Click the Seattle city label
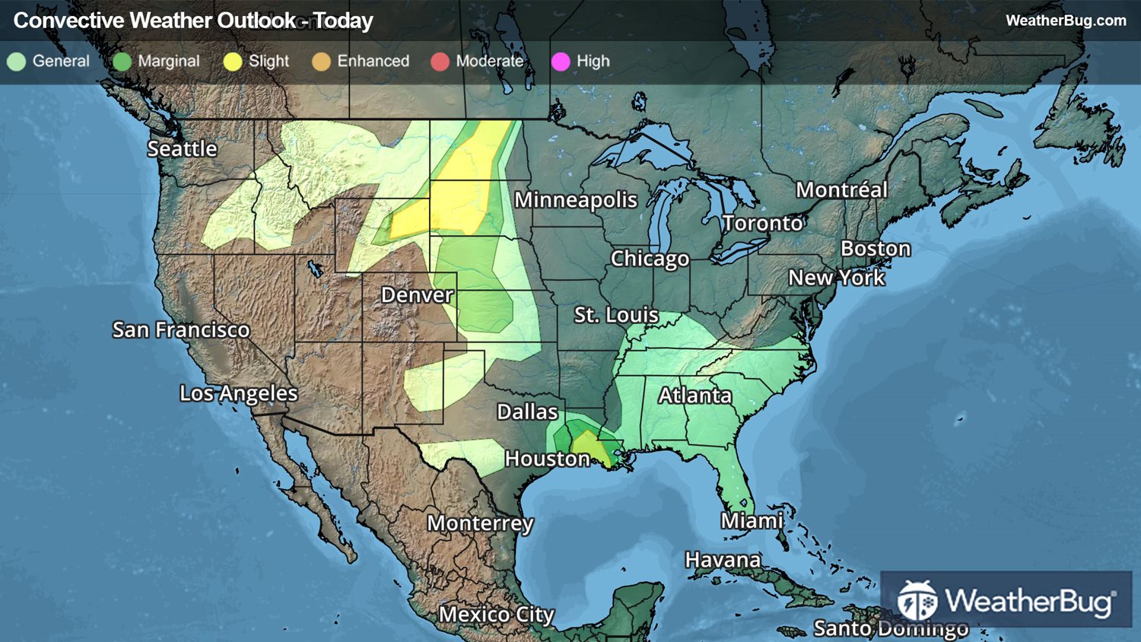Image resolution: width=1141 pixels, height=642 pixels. point(182,148)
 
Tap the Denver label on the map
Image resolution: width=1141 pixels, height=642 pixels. point(417,294)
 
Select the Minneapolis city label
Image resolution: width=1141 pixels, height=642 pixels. point(576,199)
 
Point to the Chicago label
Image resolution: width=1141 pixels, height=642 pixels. point(650,259)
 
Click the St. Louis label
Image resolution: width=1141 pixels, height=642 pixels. point(616,314)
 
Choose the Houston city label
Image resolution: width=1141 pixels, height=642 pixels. point(547,459)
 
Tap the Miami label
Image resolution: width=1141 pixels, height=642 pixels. point(752,520)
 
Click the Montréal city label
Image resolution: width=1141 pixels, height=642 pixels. point(841,189)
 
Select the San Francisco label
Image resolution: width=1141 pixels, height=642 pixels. point(181,329)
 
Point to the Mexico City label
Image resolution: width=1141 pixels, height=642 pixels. point(496,614)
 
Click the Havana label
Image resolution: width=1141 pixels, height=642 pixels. point(723,560)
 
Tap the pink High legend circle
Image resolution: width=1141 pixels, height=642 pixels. point(561,62)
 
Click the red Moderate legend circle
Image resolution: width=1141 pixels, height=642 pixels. point(440,62)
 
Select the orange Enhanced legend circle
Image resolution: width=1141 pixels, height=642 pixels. point(321,62)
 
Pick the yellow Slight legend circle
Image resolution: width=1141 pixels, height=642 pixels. point(233,62)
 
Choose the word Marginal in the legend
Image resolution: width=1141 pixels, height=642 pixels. point(168,61)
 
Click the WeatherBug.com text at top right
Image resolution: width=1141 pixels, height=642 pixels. point(1066,21)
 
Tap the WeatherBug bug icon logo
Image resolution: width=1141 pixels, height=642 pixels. point(917,600)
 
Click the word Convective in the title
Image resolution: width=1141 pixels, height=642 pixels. point(69,21)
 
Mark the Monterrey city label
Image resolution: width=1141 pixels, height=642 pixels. point(480,523)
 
